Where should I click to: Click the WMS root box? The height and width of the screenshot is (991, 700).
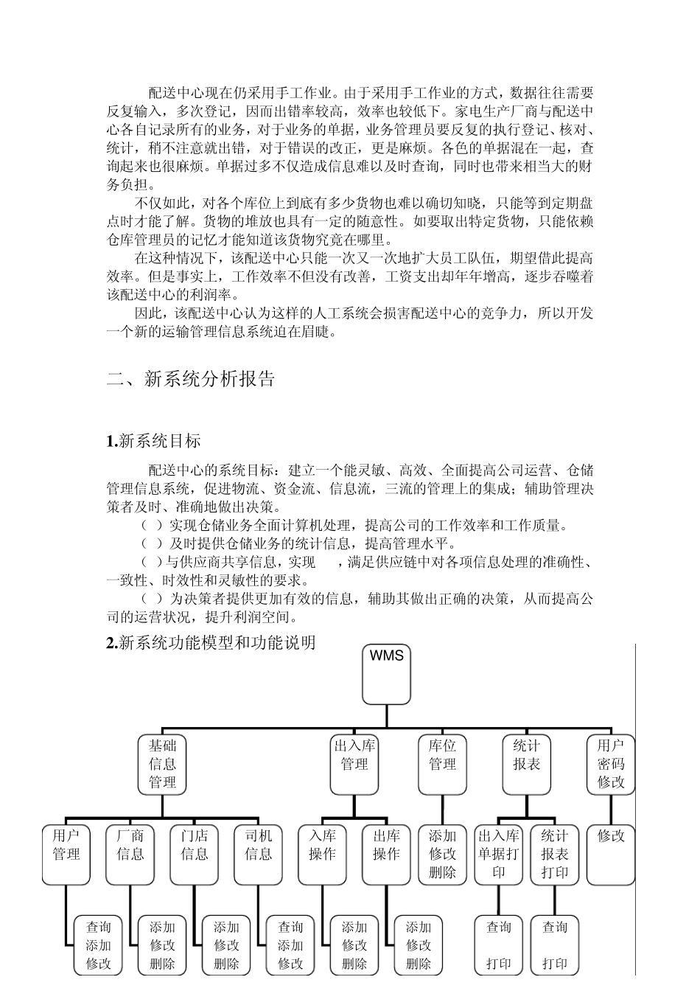(x=386, y=674)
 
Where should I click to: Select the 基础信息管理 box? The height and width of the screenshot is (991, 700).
(x=162, y=764)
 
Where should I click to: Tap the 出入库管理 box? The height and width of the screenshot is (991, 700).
(x=354, y=764)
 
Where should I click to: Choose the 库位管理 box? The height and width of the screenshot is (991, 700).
(x=442, y=764)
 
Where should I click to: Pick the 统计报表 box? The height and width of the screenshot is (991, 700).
(x=527, y=764)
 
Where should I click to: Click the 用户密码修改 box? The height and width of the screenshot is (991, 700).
(x=611, y=764)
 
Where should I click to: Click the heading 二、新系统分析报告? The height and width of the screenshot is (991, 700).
(x=191, y=379)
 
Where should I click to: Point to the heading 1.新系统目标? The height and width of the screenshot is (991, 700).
(x=153, y=442)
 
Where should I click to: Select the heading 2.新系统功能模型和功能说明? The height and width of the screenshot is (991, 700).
(x=211, y=643)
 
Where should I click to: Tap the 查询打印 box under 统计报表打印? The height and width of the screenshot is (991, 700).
(x=555, y=945)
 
